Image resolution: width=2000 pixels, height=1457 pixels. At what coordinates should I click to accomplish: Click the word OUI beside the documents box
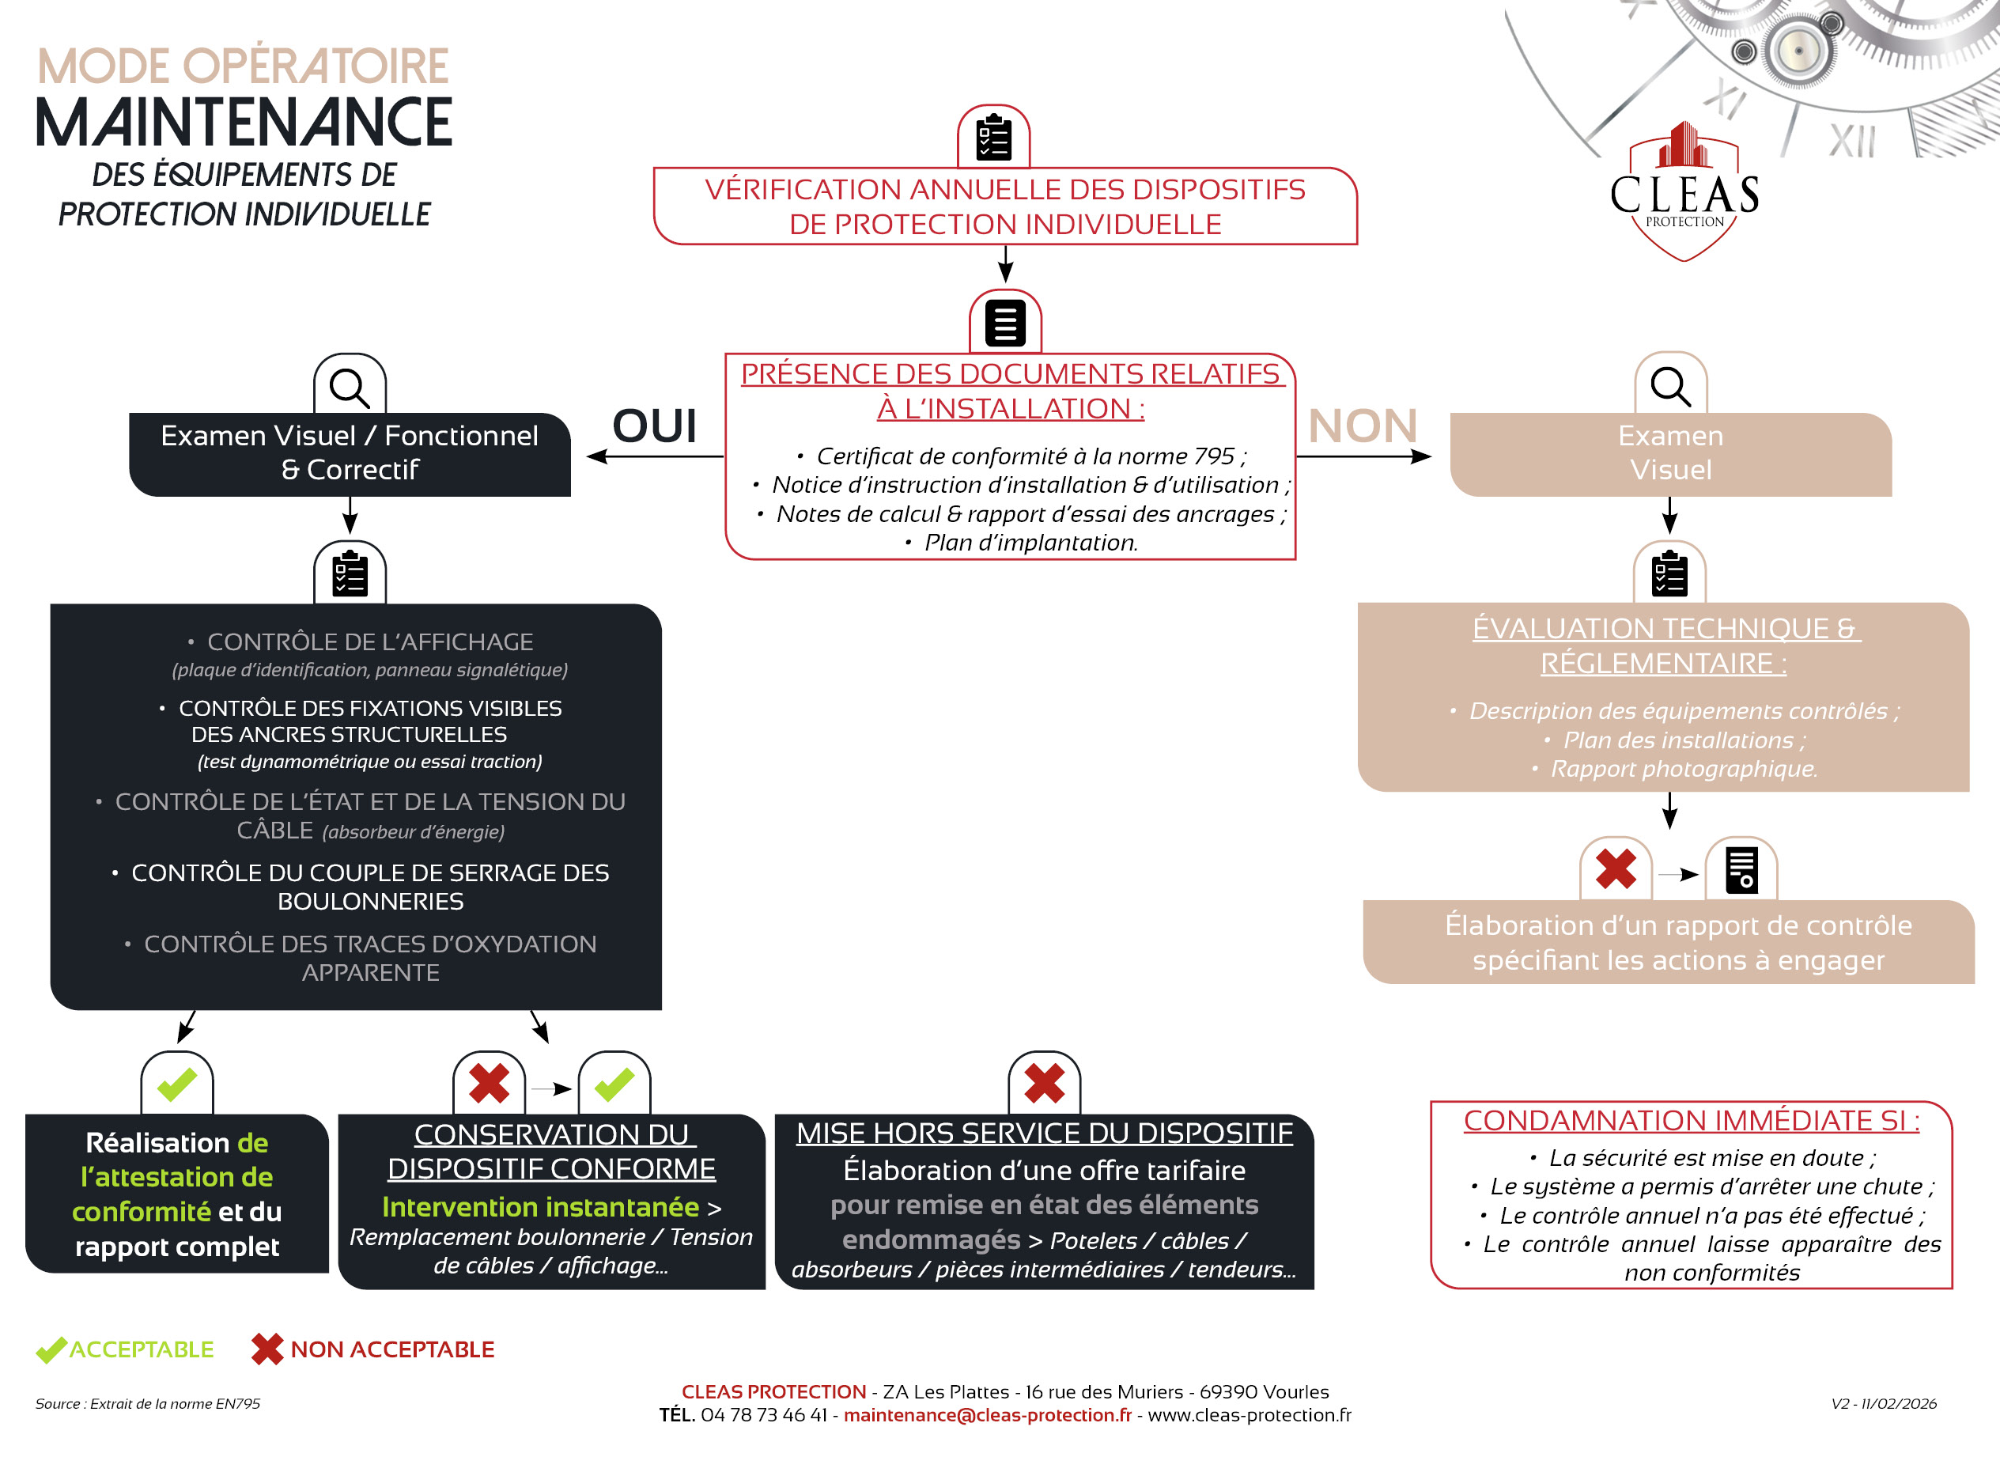654,426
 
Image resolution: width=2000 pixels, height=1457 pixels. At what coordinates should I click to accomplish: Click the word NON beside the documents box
1363,426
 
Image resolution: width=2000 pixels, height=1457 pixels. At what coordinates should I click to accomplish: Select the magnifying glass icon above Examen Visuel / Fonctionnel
350,387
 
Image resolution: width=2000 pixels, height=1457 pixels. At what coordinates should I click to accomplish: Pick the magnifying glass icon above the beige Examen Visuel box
1670,386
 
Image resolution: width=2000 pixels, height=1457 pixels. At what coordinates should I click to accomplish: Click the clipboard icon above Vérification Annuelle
994,138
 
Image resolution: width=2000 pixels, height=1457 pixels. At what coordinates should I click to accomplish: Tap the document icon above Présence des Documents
1005,323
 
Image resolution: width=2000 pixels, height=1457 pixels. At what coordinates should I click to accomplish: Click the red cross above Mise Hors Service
1044,1083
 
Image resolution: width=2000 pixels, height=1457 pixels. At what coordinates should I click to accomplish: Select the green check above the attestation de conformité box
176,1084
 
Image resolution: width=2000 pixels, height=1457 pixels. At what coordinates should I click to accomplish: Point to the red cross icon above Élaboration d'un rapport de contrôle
1616,869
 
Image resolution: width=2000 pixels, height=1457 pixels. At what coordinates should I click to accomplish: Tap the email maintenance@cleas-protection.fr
987,1414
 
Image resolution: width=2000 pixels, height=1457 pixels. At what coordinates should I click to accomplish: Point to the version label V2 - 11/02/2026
1884,1403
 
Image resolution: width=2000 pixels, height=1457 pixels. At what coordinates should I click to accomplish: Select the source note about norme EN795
147,1403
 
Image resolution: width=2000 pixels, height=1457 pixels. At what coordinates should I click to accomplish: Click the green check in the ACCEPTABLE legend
51,1349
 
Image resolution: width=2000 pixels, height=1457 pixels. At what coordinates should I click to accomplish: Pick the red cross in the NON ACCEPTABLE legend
267,1349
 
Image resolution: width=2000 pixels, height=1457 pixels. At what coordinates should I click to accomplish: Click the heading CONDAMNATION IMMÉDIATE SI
1691,1120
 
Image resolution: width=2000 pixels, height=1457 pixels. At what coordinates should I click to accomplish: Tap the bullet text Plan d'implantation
1030,543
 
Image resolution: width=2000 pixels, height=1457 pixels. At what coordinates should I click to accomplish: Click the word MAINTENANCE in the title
244,123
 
